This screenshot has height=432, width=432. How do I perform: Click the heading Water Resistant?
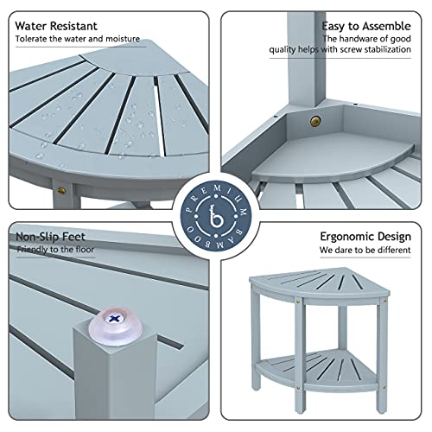point(56,27)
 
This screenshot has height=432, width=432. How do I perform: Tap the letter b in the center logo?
point(215,215)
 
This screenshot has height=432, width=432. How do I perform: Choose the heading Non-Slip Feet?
point(50,235)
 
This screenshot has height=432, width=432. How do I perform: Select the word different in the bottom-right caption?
point(393,251)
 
